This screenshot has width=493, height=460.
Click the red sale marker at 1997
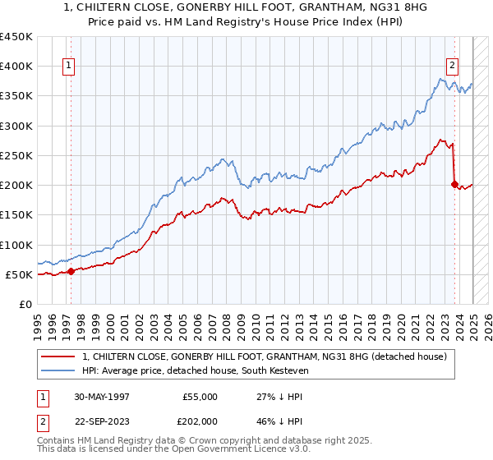[x=71, y=271]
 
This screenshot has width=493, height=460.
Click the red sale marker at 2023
[x=454, y=184]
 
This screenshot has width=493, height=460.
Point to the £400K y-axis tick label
[x=16, y=67]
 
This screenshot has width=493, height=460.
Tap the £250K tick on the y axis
[x=16, y=156]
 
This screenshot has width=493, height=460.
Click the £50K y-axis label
[x=20, y=274]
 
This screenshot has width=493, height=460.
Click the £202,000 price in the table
[x=200, y=420]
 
